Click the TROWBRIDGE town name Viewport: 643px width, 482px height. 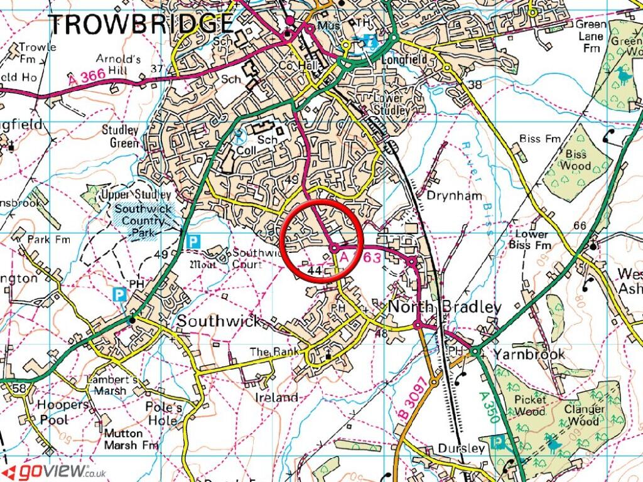[x=141, y=24]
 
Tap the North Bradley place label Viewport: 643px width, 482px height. [x=445, y=307]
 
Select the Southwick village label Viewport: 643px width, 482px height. [x=219, y=321]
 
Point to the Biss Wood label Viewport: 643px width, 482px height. [x=576, y=160]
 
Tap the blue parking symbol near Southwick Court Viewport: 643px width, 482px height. [x=194, y=240]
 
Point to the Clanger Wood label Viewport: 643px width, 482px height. [x=585, y=415]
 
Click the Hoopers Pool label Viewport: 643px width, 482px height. [x=62, y=412]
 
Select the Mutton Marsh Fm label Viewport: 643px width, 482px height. [x=131, y=439]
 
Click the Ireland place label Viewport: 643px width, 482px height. [x=276, y=398]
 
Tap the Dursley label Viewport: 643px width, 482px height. [x=462, y=448]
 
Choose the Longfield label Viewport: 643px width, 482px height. [x=404, y=60]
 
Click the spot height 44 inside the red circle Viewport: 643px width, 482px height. [x=316, y=270]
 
